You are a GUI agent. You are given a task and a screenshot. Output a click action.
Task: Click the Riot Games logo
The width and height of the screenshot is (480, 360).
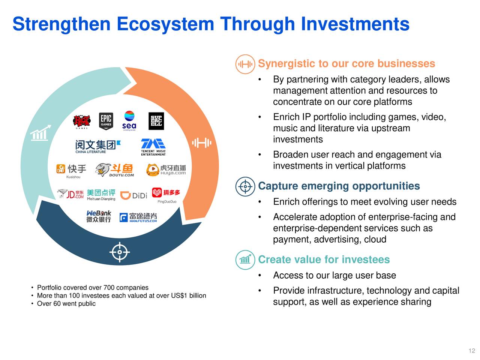pyautogui.click(x=81, y=121)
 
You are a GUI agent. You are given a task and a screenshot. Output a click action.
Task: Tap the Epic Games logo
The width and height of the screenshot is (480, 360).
pyautogui.click(x=106, y=121)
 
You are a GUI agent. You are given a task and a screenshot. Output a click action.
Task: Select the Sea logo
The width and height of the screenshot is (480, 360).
pyautogui.click(x=129, y=120)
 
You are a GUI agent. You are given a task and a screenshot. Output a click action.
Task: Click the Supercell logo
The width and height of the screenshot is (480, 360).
pyautogui.click(x=156, y=121)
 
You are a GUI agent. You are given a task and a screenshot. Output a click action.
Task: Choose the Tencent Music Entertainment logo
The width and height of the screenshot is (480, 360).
pyautogui.click(x=153, y=147)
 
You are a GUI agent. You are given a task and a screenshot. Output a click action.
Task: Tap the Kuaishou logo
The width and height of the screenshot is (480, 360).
pyautogui.click(x=71, y=169)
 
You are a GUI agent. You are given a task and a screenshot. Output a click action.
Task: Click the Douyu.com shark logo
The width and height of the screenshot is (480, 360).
pyautogui.click(x=114, y=170)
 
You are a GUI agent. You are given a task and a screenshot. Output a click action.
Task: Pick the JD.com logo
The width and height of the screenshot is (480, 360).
pyautogui.click(x=71, y=194)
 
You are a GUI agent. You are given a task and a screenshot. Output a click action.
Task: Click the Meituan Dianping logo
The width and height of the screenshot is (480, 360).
pyautogui.click(x=101, y=195)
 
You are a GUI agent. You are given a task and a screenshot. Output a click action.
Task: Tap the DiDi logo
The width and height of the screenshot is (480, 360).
pyautogui.click(x=133, y=195)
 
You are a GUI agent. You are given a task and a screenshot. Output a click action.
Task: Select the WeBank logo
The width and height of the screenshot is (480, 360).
pyautogui.click(x=99, y=216)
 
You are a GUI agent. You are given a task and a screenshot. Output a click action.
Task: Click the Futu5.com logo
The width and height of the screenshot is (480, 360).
pyautogui.click(x=138, y=217)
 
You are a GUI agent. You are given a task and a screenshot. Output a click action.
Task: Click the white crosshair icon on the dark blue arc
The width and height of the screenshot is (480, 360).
pyautogui.click(x=120, y=252)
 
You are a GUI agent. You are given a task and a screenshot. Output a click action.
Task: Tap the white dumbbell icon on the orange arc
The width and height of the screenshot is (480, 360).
pyautogui.click(x=202, y=143)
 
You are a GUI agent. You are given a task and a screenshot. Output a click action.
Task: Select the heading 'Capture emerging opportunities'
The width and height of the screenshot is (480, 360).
pyautogui.click(x=339, y=186)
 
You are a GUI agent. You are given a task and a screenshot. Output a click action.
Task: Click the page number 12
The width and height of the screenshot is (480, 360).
pyautogui.click(x=472, y=351)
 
